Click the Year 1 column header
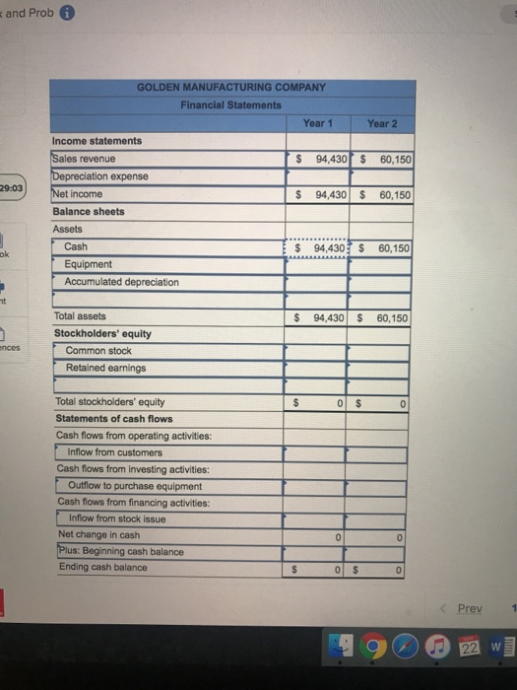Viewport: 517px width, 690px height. (x=314, y=122)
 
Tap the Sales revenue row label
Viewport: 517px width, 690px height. (x=85, y=159)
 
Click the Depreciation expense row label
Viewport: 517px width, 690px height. (x=100, y=176)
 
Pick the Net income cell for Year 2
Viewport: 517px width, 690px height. (x=379, y=195)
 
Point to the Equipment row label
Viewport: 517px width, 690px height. (x=88, y=264)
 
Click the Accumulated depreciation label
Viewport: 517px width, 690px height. (x=121, y=282)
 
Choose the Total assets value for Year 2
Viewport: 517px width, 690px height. (x=379, y=318)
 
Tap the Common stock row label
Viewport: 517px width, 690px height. (x=98, y=350)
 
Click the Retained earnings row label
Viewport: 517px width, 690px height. (x=105, y=368)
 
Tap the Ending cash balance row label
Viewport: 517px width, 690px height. (x=102, y=567)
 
